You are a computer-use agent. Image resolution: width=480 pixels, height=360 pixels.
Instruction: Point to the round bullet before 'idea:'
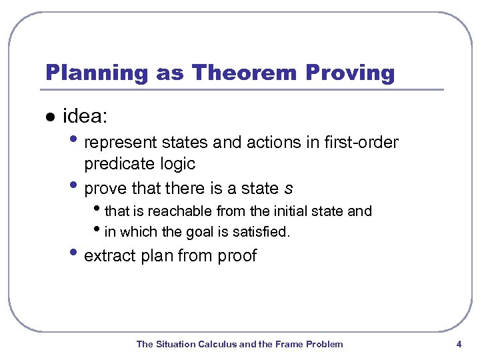tap(49, 117)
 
